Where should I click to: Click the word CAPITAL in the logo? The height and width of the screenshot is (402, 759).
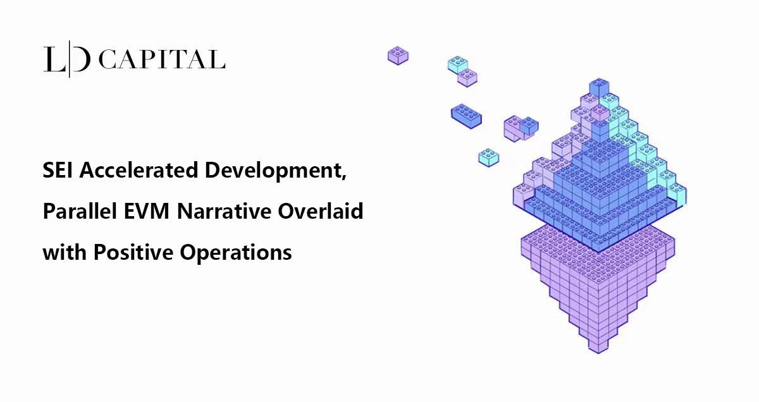point(163,59)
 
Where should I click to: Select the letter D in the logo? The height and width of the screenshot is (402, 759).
point(82,59)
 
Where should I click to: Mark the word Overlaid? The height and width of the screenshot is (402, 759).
point(321,211)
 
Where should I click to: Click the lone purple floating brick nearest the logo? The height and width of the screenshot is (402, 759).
point(398,55)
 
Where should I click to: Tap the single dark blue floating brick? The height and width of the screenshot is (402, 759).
point(466,116)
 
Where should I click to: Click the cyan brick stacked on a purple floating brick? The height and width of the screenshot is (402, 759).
point(458,64)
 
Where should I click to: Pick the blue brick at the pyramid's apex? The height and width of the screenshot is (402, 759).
point(598,87)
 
